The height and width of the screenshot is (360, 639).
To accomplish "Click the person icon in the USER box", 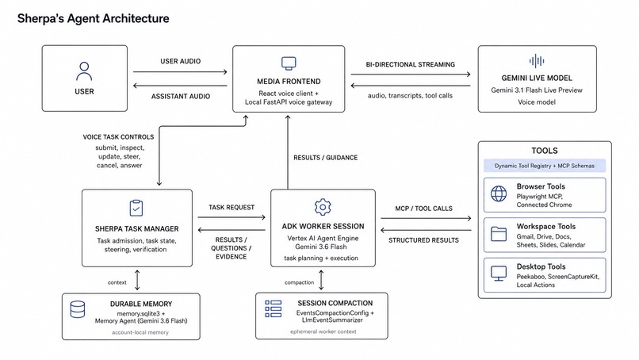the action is point(84,71).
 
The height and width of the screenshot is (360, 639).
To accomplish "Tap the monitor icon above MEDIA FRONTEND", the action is point(289,63).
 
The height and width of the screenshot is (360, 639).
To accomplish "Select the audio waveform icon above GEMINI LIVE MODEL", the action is point(537,61).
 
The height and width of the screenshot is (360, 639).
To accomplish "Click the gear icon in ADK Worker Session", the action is point(323,207).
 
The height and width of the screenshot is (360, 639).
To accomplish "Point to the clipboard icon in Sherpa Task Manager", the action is point(136,208).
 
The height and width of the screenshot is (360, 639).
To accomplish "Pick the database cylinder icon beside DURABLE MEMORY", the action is point(78,309).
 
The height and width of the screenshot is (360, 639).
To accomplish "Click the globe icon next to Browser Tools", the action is point(499,194).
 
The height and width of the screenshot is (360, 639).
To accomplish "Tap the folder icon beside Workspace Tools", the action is point(499,234).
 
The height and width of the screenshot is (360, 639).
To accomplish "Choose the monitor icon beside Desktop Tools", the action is point(499,274).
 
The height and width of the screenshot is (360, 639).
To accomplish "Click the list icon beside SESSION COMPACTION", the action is point(273,308).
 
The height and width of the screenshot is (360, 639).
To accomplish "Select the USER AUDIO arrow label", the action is point(181,61).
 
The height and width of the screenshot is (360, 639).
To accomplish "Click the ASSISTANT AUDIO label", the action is point(181,96).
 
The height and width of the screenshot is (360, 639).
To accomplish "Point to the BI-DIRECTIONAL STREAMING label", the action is point(411,64).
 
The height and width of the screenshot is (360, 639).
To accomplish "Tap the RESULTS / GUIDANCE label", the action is point(326,157).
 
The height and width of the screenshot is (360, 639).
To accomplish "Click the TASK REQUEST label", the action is point(231,207).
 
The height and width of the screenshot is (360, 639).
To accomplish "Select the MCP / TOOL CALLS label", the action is point(424,209).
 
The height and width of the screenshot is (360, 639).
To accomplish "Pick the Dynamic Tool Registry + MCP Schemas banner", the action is point(545,166).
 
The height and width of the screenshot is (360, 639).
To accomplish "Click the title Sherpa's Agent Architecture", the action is point(94,18).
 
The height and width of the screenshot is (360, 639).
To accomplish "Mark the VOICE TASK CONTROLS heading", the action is point(119,137).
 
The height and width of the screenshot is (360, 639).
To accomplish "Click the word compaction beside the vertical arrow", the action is point(299,282).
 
